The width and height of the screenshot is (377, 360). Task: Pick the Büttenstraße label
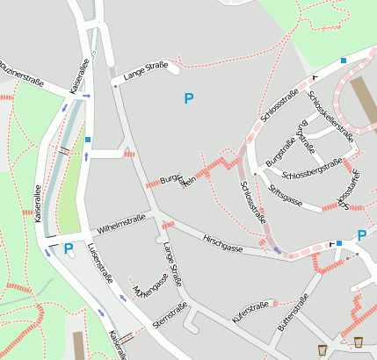294,314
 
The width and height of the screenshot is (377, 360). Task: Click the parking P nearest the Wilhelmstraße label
69,249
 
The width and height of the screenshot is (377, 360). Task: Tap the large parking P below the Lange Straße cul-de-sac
188,98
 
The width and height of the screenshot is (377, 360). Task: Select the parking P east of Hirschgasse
361,235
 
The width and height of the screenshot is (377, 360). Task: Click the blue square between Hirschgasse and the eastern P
338,243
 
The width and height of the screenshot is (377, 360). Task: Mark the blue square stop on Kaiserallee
89,140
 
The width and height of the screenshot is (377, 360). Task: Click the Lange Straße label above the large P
145,72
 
